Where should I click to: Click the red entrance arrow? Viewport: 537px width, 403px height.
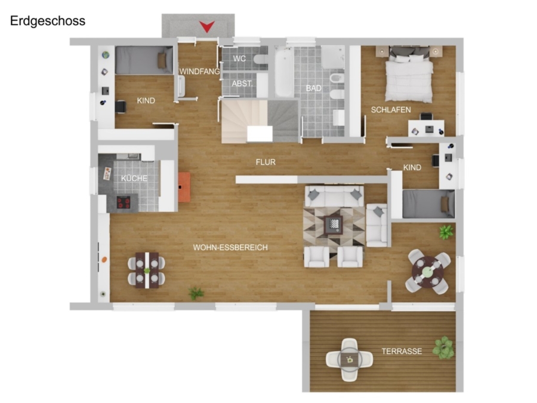[x=207, y=26]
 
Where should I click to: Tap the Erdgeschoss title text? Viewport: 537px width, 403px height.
[x=48, y=21]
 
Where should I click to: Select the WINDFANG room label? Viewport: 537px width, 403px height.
[x=200, y=72]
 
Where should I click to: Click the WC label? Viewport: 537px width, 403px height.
[x=239, y=59]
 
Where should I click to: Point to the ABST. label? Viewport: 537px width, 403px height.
[x=242, y=84]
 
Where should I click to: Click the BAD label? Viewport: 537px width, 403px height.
[x=313, y=88]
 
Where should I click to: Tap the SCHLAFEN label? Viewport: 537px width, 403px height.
[x=391, y=110]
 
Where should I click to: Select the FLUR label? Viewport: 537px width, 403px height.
[x=266, y=162]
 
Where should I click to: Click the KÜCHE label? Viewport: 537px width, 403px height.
[x=134, y=178]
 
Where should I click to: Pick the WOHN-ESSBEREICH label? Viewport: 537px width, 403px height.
[x=230, y=247]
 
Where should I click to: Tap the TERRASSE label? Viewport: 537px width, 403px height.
[x=402, y=351]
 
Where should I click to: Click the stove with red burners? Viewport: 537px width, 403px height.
[x=124, y=202]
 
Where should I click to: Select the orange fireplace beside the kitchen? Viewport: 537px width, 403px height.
[x=184, y=187]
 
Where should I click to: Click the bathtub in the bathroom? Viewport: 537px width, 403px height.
[x=284, y=73]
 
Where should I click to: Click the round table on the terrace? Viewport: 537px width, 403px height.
[x=349, y=360]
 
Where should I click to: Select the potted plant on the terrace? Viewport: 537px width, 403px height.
[x=443, y=347]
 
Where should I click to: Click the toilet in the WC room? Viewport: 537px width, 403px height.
[x=261, y=59]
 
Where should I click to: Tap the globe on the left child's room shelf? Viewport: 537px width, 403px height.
[x=106, y=54]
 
